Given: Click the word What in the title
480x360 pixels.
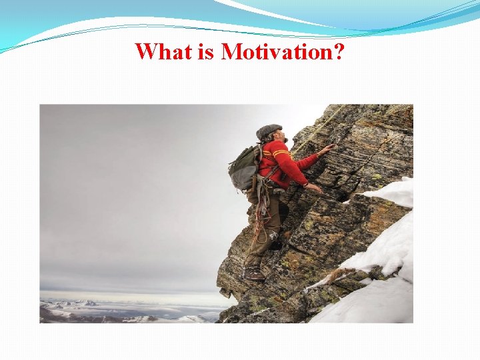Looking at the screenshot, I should coord(163,51).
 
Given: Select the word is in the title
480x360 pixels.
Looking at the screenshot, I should coord(206,51).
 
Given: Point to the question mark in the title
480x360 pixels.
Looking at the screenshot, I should coord(337,51).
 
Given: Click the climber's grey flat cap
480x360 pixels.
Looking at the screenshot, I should coord(268,131).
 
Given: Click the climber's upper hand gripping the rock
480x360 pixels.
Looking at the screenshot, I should coord(327,149).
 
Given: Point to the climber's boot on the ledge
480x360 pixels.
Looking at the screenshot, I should coord(253,274).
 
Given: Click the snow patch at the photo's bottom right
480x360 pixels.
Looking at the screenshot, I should coord(373,293).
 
